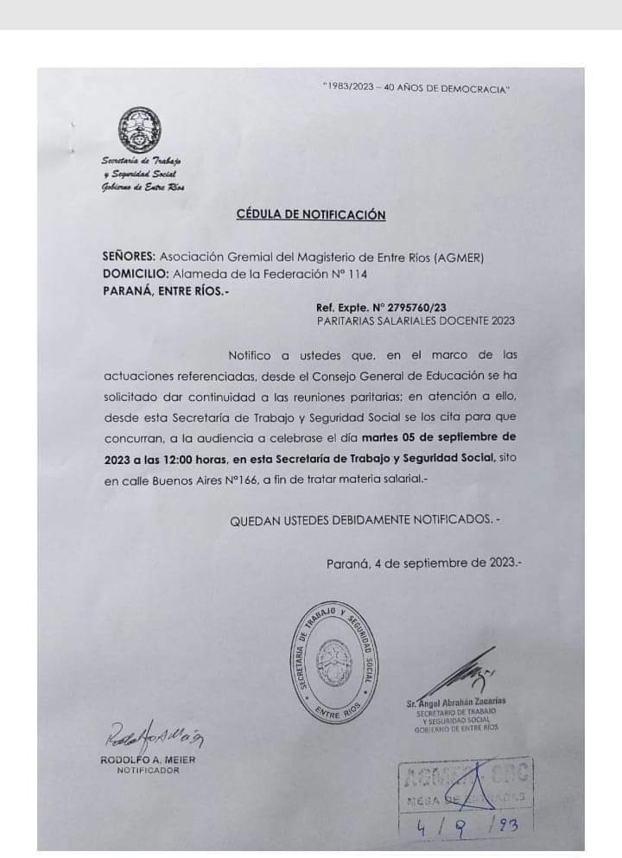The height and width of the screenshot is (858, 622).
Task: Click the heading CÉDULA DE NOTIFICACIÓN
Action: click(310, 215)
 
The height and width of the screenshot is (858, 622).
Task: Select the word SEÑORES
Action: click(128, 257)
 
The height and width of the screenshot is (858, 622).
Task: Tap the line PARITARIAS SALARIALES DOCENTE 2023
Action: click(416, 321)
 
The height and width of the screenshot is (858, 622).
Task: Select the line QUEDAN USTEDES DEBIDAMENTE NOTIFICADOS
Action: click(364, 520)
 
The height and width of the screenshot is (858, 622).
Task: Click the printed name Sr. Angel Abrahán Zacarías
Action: click(454, 702)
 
